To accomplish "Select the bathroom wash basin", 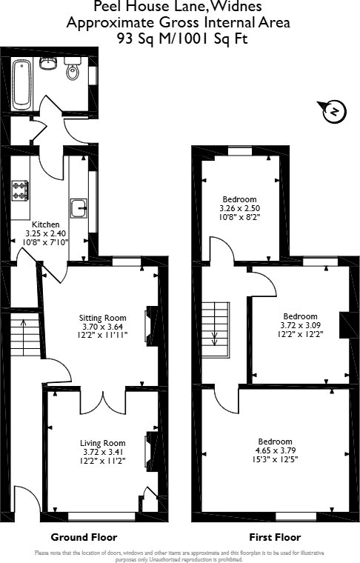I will pos(49,63).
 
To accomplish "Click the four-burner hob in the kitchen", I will pos(20,191).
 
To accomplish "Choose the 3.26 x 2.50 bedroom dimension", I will pos(239,209).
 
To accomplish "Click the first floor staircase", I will pos(216,324).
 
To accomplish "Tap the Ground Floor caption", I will pos(84,537).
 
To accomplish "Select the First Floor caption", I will pos(274,537).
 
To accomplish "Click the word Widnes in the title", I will pos(235,7).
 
